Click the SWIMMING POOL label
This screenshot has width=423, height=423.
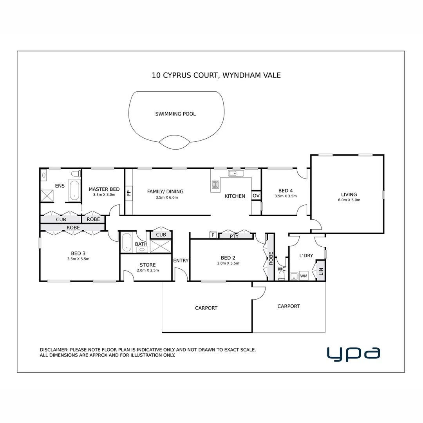coord(175,114)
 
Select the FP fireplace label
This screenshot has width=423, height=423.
coord(128,193)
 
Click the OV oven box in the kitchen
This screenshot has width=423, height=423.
coord(256,196)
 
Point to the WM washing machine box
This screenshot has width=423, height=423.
coord(304,276)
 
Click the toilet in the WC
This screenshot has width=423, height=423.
coord(281,276)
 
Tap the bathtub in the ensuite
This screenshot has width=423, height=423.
coord(74,191)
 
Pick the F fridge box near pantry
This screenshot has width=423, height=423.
coord(213,235)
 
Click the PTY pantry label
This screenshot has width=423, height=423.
coord(234,236)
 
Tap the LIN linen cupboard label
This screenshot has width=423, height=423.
coord(321,271)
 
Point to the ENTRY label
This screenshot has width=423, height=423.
coord(181,260)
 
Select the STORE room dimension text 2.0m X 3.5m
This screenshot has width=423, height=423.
coord(148,270)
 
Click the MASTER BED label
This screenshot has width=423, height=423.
coord(104,189)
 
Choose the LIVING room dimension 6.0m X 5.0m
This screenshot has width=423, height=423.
coord(349,200)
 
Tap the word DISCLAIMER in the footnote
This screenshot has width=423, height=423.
coord(54,350)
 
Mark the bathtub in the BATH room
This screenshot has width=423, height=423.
coord(127,242)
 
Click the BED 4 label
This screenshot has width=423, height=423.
coord(286,191)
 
